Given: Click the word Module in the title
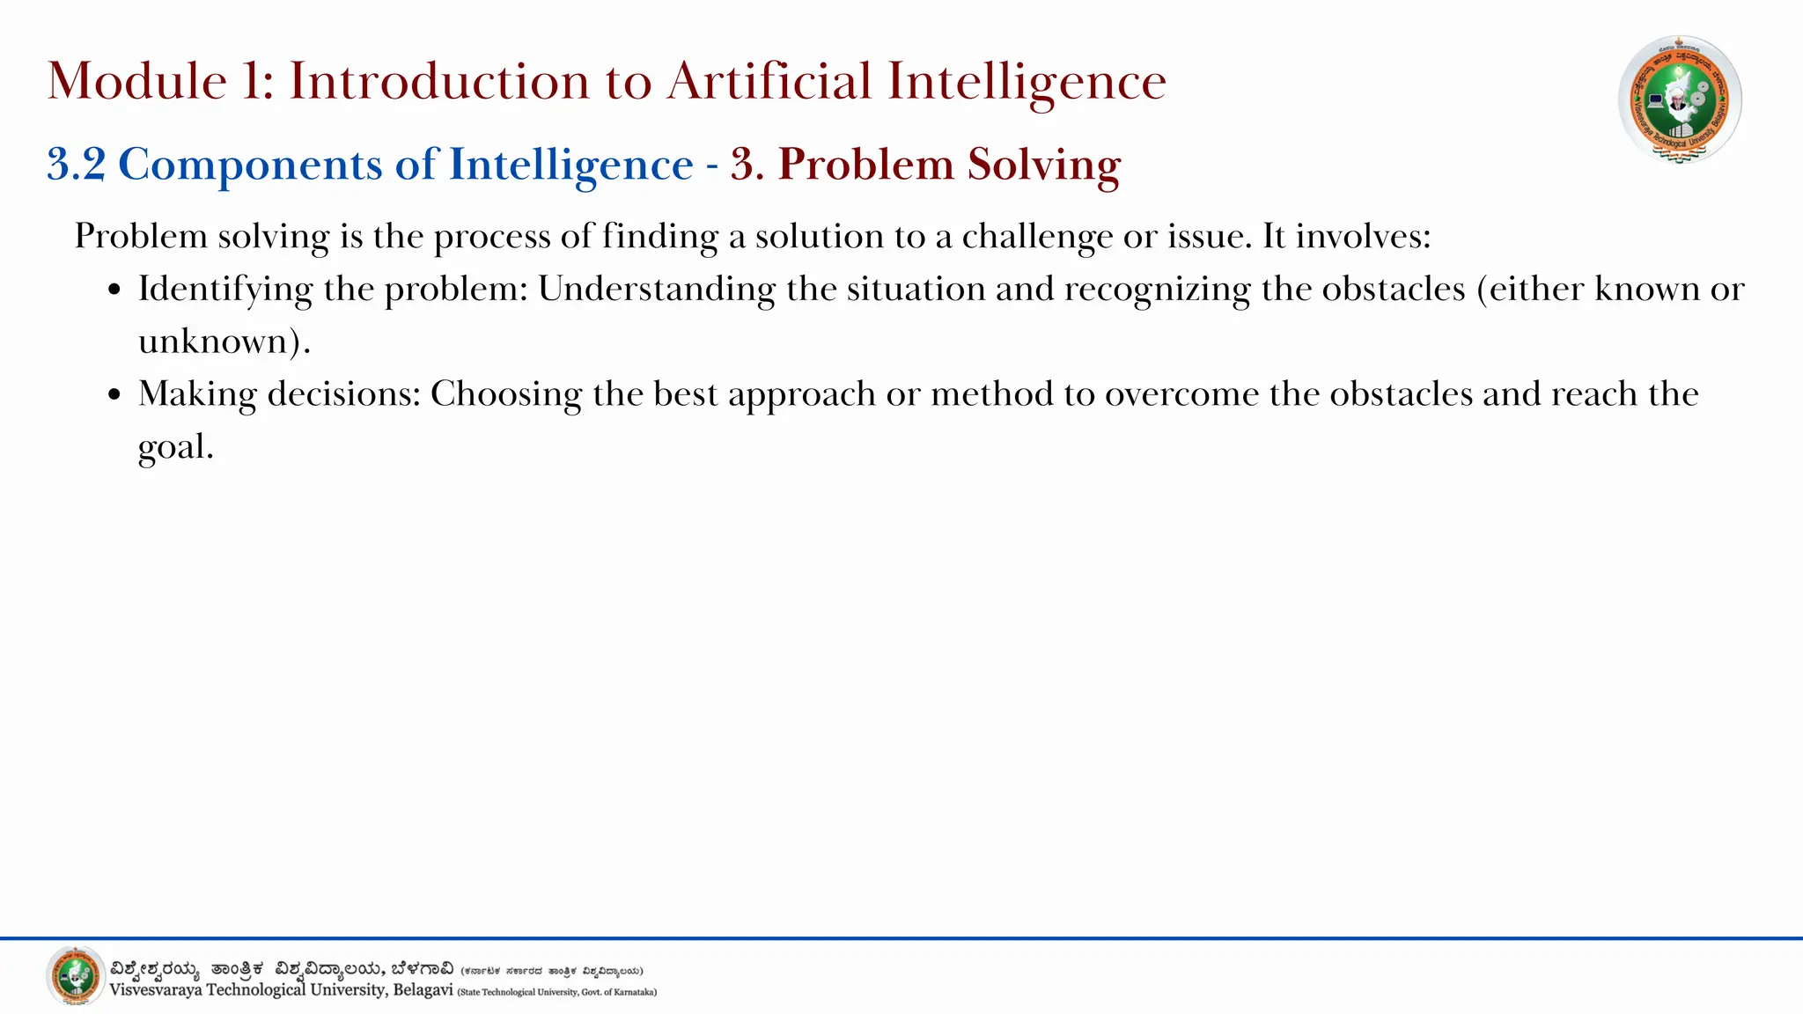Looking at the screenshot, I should (x=137, y=81).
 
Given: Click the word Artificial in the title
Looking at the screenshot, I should (x=769, y=81).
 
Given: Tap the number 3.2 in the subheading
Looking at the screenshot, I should (x=77, y=165).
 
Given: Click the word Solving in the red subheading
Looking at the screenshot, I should (x=1044, y=165).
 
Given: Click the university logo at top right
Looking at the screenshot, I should (x=1680, y=99).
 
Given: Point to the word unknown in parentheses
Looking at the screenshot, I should (x=214, y=342).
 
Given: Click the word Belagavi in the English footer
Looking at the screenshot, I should (x=423, y=990).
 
